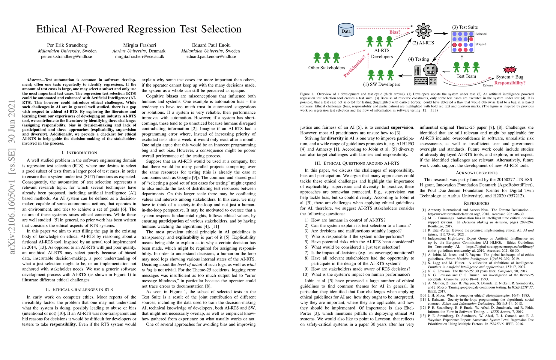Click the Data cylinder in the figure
346,30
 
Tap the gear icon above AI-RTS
423,31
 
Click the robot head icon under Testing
431,70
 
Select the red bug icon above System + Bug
510,70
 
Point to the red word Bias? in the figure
395,32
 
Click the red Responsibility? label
510,83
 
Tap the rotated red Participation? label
355,66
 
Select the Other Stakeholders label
327,68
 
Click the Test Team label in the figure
466,76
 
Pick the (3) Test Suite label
465,27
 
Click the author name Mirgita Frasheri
140,45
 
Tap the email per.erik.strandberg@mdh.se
67,56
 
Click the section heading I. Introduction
79,153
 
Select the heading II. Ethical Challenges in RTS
79,289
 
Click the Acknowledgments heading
477,173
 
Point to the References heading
477,203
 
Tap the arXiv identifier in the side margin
12,177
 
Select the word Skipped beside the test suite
480,44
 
